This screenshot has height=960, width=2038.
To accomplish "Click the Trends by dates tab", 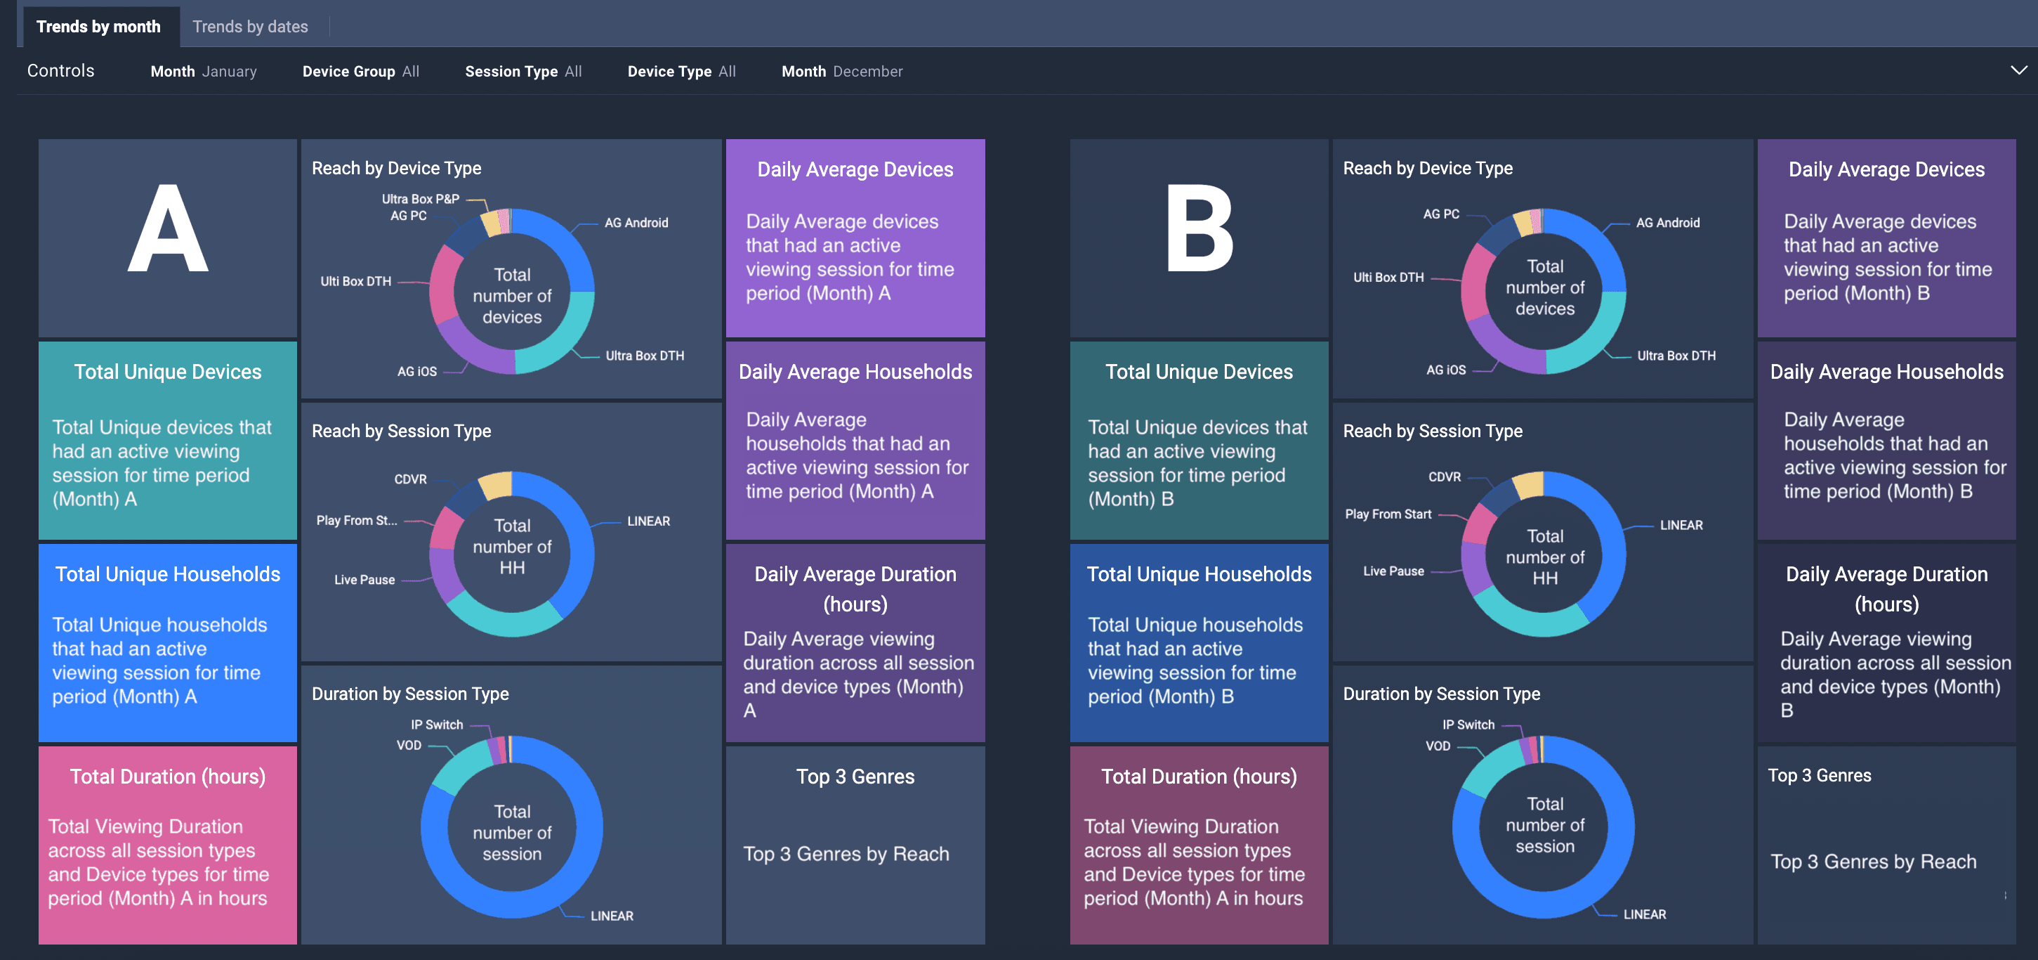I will [250, 27].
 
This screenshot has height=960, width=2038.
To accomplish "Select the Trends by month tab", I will [98, 27].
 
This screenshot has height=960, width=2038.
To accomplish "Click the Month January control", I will [204, 71].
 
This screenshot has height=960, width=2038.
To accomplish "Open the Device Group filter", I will [361, 71].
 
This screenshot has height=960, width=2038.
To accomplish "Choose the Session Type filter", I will [523, 71].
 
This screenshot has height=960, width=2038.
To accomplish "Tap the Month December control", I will [842, 71].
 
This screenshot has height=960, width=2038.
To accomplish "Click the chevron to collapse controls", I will [2018, 70].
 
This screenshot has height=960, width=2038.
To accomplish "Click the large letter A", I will [168, 230].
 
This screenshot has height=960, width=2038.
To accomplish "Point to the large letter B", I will [1199, 230].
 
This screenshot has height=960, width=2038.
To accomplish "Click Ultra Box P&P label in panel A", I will [420, 199].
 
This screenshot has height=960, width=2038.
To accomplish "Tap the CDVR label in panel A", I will [411, 479].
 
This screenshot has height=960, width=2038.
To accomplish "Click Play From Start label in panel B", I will [1388, 514].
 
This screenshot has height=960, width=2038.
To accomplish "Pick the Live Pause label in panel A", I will [364, 579].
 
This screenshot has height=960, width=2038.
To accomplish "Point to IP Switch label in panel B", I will [1468, 724].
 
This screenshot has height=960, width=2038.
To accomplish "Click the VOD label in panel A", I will [409, 746].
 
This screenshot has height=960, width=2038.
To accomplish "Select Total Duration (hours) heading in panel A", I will [168, 777].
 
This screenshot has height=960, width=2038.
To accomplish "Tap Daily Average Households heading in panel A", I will [855, 372].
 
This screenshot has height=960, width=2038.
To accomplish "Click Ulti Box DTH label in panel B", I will [1388, 277].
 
